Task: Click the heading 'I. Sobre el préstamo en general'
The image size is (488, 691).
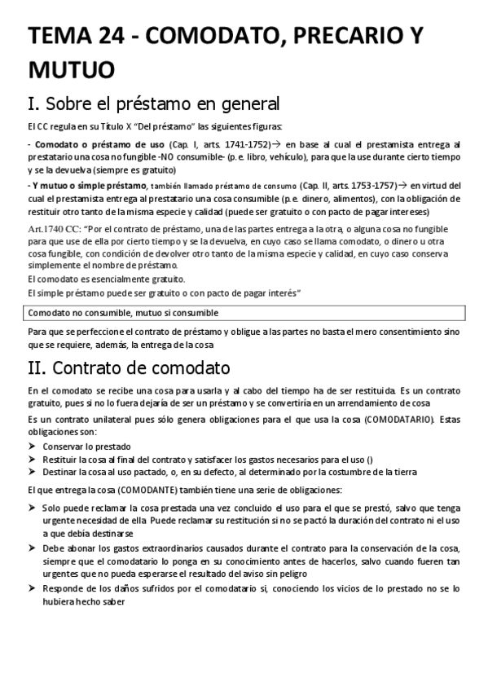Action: point(153,104)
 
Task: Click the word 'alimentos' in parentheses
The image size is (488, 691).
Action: point(328,199)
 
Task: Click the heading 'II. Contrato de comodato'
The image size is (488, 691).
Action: point(129,368)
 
